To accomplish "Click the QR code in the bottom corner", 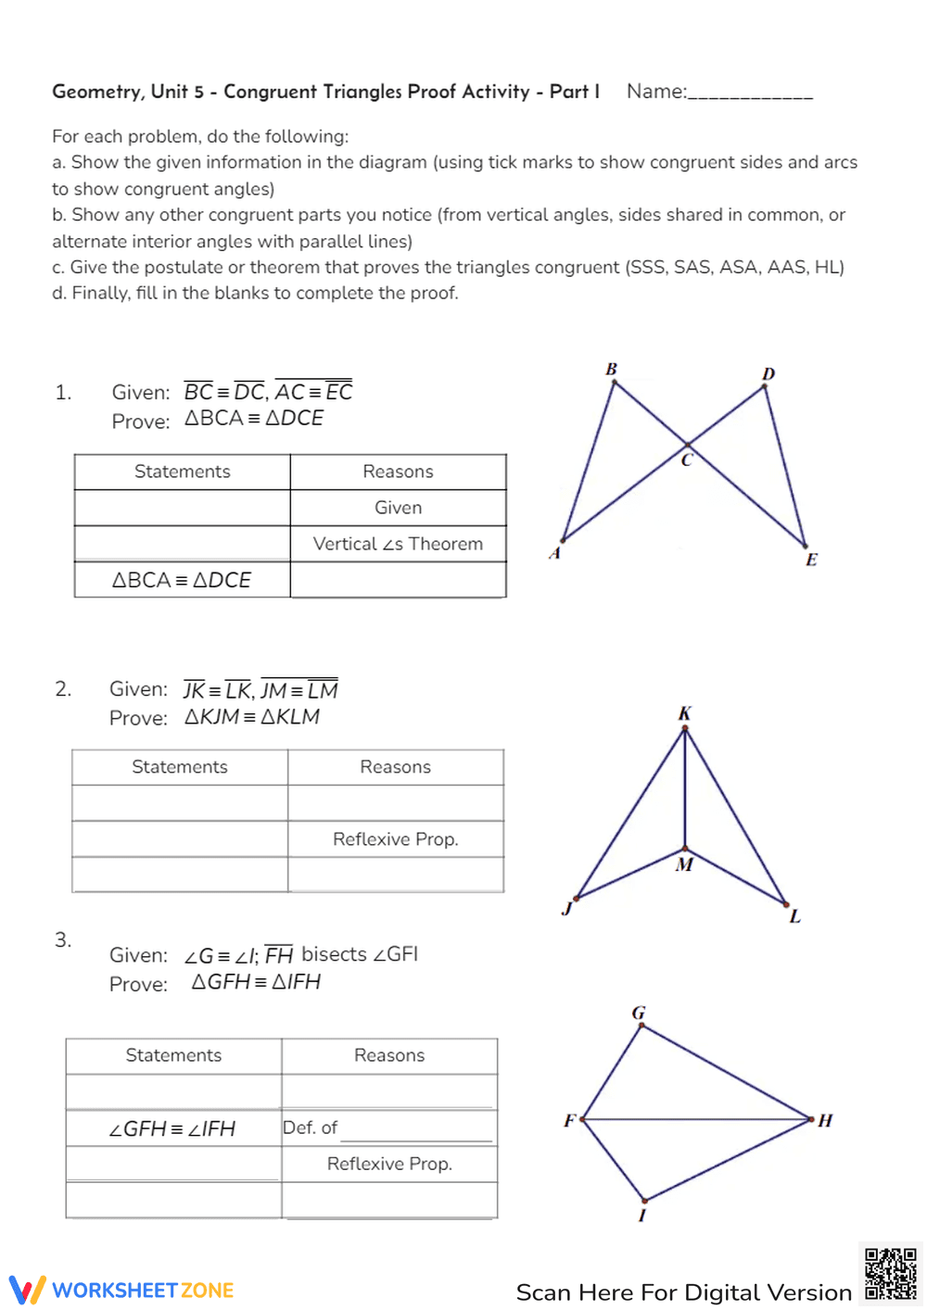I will [x=890, y=1274].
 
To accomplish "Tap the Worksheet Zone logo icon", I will [x=27, y=1290].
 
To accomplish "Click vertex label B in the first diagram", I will [x=612, y=369].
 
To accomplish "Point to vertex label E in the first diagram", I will [x=811, y=560].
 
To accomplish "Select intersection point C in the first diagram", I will [x=687, y=445].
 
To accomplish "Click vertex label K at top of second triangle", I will [x=684, y=713].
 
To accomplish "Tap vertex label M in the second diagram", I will [x=684, y=864].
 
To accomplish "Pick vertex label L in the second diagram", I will [x=794, y=916].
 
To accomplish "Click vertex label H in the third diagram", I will [x=825, y=1120].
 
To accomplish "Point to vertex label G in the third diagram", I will [x=639, y=1013].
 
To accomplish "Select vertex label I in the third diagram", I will [x=641, y=1215].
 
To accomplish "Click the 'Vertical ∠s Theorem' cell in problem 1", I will [x=398, y=544].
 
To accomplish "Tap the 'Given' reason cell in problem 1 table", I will [x=398, y=508].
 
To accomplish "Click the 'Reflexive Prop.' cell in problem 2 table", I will [x=395, y=838].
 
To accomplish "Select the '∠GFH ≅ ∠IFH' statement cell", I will [x=172, y=1128].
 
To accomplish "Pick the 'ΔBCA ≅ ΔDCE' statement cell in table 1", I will [x=182, y=580].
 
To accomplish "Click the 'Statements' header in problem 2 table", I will [x=180, y=767].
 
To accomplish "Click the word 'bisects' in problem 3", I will [x=334, y=954].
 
